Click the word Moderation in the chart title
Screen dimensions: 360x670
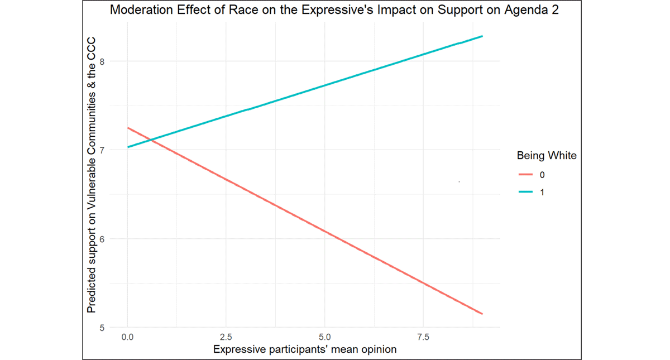coord(137,10)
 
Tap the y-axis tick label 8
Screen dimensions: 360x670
coord(102,61)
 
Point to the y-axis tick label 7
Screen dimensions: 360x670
coord(102,150)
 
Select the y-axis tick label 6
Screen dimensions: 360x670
coord(102,239)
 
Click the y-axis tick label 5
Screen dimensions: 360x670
coord(102,328)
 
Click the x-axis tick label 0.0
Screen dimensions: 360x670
coord(128,337)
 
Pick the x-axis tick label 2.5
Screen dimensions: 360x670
coord(226,337)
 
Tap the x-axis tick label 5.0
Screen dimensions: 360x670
coord(325,337)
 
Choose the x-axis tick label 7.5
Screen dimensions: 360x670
coord(423,337)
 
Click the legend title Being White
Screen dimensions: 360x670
coord(546,156)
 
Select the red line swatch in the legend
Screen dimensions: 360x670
coord(526,175)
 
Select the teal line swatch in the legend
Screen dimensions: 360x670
coord(526,192)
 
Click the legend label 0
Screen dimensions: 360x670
coord(542,175)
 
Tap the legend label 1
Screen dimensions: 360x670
coord(542,192)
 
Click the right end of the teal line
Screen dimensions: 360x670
coord(482,36)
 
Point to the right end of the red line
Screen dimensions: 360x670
coord(482,314)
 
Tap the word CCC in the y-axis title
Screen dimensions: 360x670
coord(92,50)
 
